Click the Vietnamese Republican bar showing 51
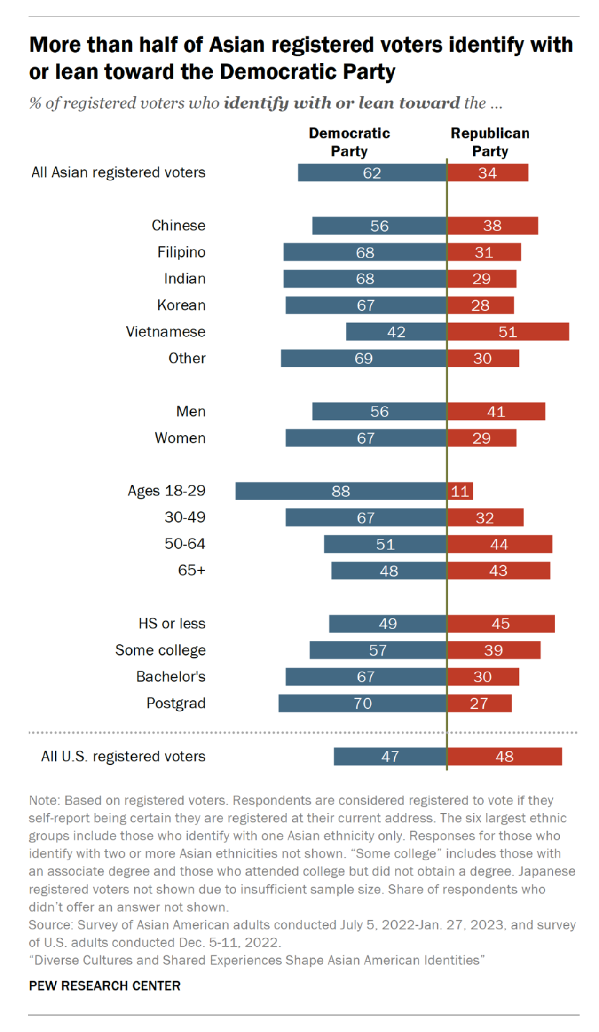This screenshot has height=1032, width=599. pos(508,332)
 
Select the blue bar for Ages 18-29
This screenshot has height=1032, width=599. pos(341,491)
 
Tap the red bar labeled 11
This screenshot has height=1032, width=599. pos(460,491)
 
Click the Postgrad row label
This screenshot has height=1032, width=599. pos(176,704)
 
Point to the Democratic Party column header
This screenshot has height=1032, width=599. pos(349,142)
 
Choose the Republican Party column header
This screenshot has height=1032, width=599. pos(490,142)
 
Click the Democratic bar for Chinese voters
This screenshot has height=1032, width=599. pos(379,226)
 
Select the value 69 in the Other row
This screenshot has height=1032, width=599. pos(363,359)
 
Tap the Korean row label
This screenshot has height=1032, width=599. pos(181,305)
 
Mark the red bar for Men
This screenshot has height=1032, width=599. pos(496,412)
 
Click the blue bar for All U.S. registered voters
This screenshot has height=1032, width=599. pos(390,757)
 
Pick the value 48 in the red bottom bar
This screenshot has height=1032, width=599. pos(504,757)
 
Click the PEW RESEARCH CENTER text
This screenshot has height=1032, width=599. pos(104,986)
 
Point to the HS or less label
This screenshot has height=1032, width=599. pos(172,624)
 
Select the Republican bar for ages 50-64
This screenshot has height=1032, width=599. pos(499,544)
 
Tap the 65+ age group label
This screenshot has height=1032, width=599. pos(191,571)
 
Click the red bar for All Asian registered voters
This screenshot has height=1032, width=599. pos(488,173)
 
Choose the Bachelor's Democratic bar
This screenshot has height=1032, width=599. pos(365,677)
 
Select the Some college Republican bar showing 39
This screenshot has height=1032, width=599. pos(493,650)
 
